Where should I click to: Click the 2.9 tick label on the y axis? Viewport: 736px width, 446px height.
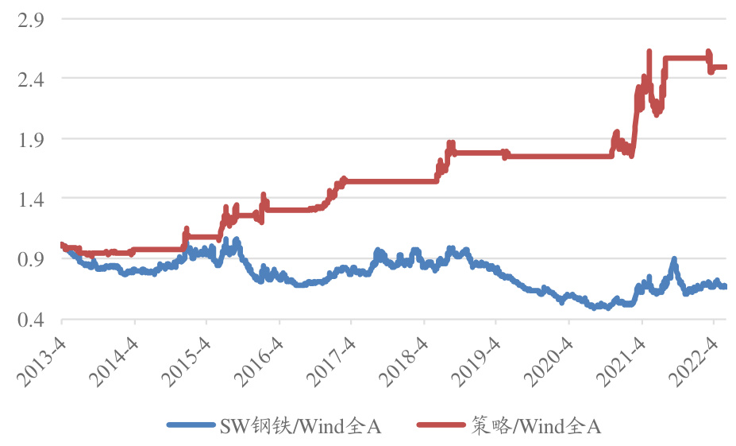pos(25,18)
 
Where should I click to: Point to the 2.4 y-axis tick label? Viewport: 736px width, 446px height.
pos(25,79)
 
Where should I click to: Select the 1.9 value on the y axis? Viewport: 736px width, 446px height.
pos(25,139)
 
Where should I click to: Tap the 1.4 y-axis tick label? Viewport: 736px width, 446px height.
pos(25,199)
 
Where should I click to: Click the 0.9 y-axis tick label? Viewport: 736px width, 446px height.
pos(25,259)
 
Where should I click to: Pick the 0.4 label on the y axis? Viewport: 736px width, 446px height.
pos(25,320)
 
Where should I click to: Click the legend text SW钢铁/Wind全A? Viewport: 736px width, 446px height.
pos(301,426)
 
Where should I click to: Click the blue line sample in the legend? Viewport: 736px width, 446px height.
pos(191,426)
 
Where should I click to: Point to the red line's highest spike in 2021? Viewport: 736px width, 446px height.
pos(649,52)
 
